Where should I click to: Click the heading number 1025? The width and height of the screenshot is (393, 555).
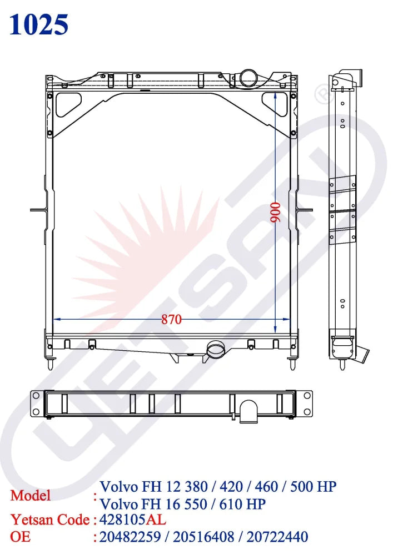39,24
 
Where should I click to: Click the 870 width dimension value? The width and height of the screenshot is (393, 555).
172,320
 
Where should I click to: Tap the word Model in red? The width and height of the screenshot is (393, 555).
31,495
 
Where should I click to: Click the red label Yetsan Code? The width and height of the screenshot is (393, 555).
50,520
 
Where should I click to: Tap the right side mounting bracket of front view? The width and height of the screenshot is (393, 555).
305,210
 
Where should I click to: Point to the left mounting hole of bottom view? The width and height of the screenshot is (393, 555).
36,395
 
